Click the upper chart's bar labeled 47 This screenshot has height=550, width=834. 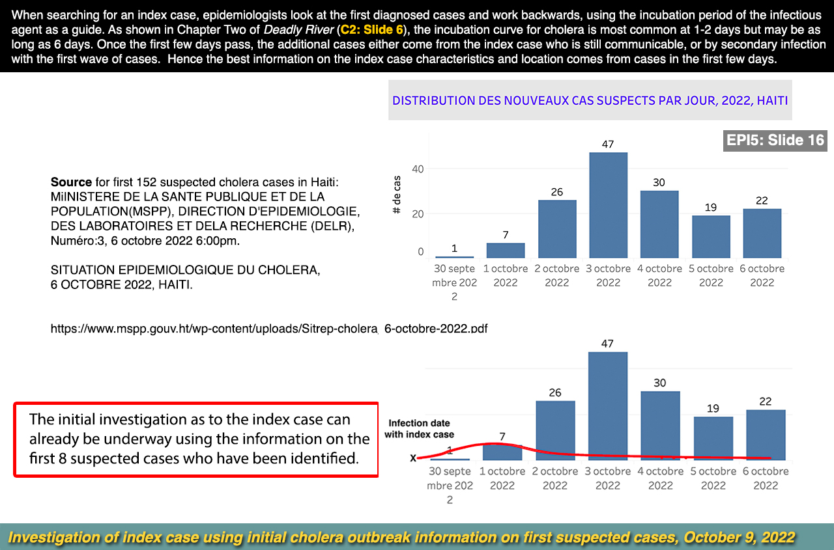(x=608, y=205)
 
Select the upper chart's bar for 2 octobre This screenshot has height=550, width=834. (x=557, y=228)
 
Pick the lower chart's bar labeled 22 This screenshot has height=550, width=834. (x=766, y=434)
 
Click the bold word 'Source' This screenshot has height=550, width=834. (x=71, y=182)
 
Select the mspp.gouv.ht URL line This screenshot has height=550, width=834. (x=269, y=329)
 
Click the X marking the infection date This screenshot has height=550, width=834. (x=412, y=458)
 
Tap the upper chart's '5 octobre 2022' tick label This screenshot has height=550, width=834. (x=711, y=275)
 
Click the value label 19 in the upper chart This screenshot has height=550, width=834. (x=710, y=208)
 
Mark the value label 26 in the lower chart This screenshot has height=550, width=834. (x=555, y=392)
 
